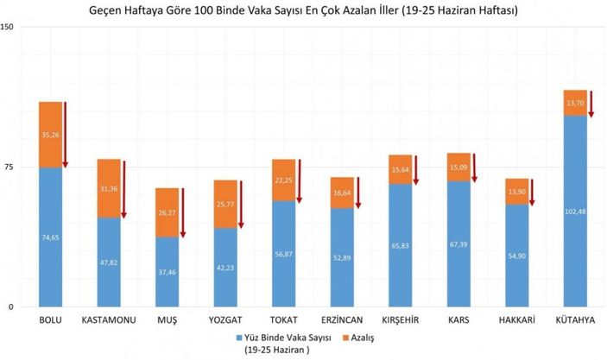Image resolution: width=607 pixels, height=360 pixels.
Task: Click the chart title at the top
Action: (303, 9)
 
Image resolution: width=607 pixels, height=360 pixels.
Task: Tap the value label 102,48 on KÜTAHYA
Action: (574, 212)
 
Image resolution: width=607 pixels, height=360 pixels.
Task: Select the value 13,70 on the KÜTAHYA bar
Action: (574, 103)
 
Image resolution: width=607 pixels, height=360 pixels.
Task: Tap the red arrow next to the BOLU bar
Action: (66, 135)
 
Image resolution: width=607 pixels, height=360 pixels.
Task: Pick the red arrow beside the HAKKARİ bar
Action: (532, 192)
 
